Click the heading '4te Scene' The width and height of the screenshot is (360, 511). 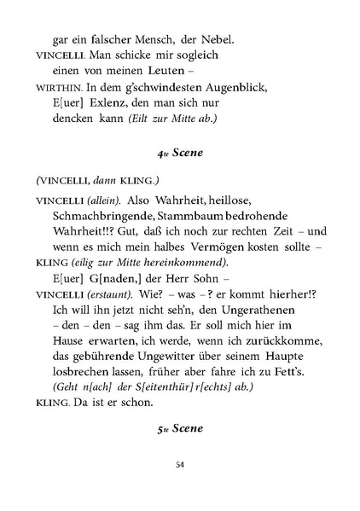pyautogui.click(x=180, y=154)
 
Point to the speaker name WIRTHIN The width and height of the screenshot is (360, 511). pyautogui.click(x=56, y=88)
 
